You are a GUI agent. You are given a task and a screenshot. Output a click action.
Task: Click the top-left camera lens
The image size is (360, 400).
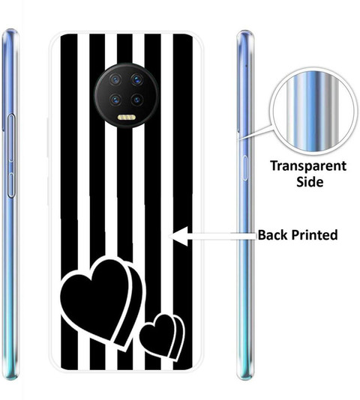pyautogui.click(x=115, y=80)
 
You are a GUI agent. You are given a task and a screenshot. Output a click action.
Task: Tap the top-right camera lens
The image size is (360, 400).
pyautogui.click(x=137, y=80)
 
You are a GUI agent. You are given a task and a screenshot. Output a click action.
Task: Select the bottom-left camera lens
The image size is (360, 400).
pyautogui.click(x=115, y=100)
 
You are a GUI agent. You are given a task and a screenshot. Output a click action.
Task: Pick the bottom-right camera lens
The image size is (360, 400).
pyautogui.click(x=137, y=100)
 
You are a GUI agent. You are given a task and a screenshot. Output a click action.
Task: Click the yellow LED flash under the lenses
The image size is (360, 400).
pyautogui.click(x=127, y=118)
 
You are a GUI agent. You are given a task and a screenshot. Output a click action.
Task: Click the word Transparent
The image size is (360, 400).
pyautogui.click(x=308, y=166)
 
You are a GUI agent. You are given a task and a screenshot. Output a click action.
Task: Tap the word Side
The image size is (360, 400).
pyautogui.click(x=310, y=182)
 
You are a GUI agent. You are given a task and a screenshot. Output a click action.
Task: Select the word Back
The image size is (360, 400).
pyautogui.click(x=272, y=234)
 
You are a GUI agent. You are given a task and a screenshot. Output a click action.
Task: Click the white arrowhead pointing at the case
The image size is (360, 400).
pyautogui.click(x=178, y=236)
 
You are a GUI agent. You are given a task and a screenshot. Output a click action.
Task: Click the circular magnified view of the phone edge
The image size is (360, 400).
pyautogui.click(x=312, y=112)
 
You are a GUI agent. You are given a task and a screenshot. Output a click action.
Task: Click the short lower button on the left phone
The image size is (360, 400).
pyautogui.click(x=11, y=185)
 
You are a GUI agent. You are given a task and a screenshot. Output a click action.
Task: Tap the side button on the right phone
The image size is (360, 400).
pyautogui.click(x=244, y=168)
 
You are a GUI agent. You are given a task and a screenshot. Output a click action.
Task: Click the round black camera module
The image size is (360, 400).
pyautogui.click(x=127, y=95)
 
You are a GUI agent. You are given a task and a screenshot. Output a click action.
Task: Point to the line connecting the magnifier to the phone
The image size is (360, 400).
pyautogui.click(x=254, y=133)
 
